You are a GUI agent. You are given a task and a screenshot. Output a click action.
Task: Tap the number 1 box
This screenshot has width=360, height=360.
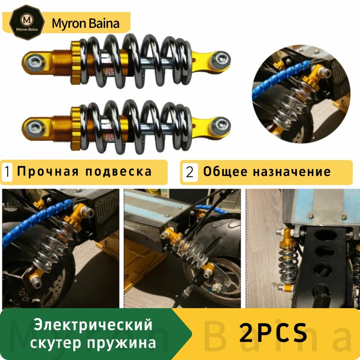(x=7, y=172)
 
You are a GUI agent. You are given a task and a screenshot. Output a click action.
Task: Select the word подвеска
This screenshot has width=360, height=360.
(x=118, y=172)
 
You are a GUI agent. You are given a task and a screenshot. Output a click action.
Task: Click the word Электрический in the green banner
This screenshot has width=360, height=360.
(x=94, y=325)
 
